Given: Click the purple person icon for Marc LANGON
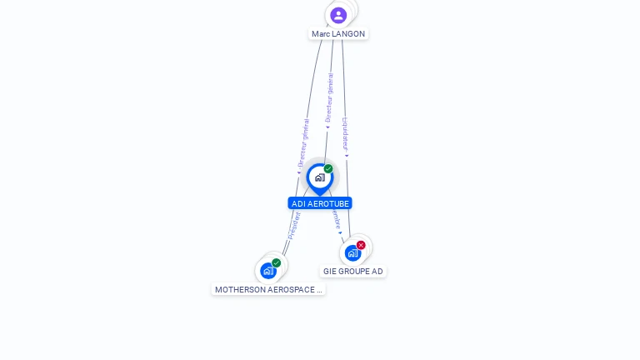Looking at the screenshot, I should [338, 15].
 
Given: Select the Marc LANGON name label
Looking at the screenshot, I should [338, 34].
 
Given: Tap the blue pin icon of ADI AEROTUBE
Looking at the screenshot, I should [319, 177].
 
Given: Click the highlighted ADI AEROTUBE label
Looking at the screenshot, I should [320, 203].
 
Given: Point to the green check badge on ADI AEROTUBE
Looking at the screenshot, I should [328, 169].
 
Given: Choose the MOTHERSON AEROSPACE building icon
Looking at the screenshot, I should [268, 271].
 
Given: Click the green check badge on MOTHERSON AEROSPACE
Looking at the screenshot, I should [277, 263].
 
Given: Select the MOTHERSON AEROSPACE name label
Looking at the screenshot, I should [268, 290].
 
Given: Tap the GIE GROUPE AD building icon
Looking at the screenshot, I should [352, 252].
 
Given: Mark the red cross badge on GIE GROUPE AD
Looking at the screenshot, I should [361, 245].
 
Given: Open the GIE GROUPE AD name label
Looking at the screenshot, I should [353, 272].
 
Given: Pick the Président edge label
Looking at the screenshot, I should [293, 226].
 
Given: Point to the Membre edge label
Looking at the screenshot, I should [336, 219].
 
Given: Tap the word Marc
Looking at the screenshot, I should [321, 34].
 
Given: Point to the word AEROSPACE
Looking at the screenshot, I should [292, 290].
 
